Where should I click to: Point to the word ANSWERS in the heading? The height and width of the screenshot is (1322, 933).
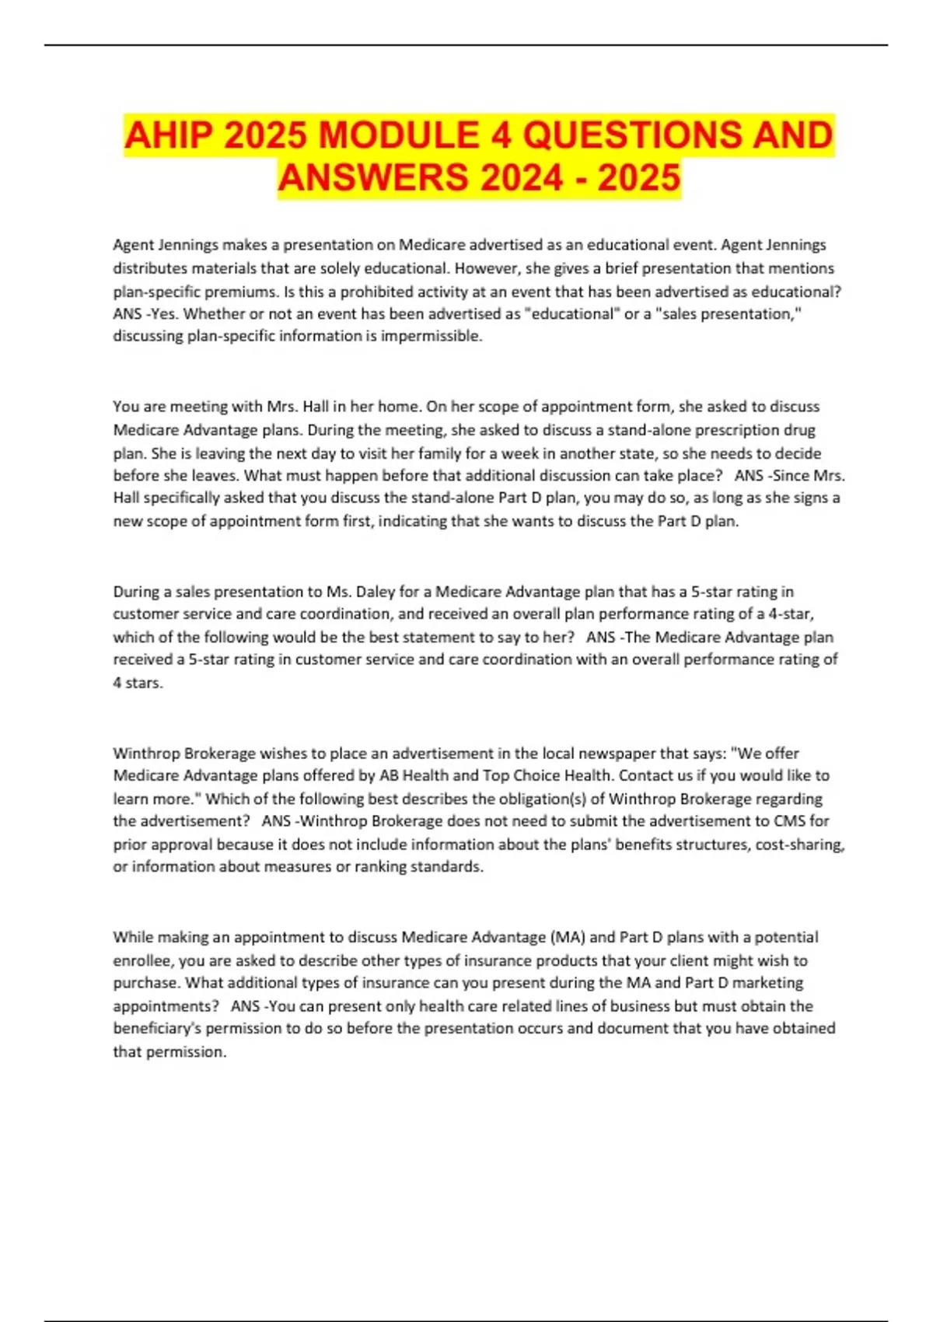point(372,177)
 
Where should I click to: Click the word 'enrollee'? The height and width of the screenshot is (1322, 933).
point(142,960)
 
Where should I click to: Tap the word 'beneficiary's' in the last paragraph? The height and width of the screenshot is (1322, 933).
point(159,1029)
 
